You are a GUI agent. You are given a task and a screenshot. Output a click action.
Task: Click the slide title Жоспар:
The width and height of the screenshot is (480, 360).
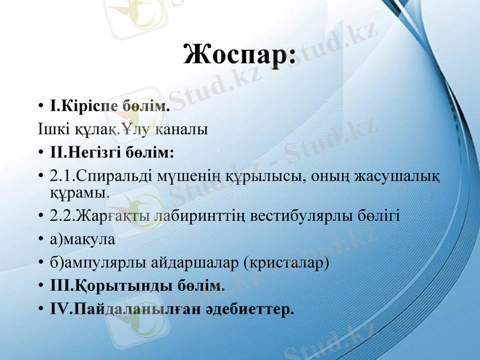[239, 55]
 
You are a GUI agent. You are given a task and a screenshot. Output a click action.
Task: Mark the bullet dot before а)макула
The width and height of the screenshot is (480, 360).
[40, 240]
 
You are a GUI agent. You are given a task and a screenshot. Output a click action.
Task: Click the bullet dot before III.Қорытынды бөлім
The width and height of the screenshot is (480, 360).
[40, 286]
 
